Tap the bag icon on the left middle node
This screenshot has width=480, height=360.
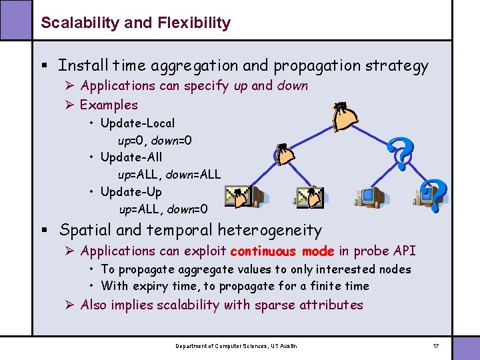point(285,155)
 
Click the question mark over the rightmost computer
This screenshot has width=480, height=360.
point(435,195)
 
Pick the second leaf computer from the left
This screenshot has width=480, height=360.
point(309,197)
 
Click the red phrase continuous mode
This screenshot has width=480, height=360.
point(282,251)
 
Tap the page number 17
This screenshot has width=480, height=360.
point(436,346)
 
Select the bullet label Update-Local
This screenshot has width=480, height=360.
point(137,123)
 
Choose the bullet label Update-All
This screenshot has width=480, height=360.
point(131,157)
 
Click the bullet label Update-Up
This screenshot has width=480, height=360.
point(131,192)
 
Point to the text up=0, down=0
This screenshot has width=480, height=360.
point(155,141)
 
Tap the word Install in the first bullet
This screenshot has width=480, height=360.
point(83,65)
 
